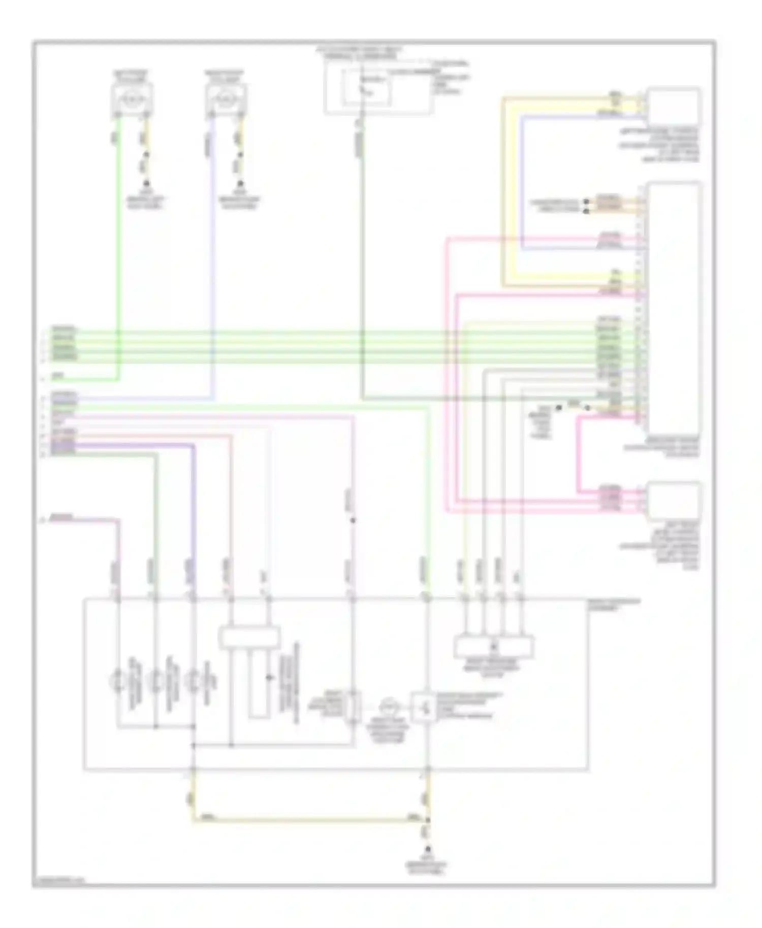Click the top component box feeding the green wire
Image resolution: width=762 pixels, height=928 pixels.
132,97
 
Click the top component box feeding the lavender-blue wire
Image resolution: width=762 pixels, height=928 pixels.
226,97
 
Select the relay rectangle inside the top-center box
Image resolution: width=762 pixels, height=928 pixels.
367,87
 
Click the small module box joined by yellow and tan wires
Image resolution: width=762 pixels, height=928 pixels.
674,107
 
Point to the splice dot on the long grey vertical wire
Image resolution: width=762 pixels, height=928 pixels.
353,520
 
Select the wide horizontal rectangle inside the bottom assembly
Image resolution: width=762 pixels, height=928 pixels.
249,638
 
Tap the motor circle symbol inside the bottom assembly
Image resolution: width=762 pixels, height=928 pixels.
390,706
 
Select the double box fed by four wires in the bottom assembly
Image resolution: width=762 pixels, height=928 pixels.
494,646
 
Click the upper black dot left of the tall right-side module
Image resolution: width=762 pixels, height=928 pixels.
586,202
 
